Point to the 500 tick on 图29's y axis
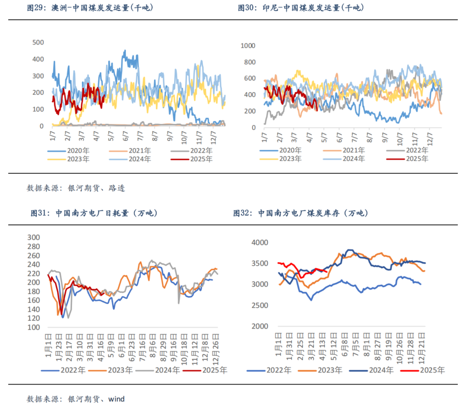(38, 42)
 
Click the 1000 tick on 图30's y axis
(248, 46)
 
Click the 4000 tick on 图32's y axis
(259, 242)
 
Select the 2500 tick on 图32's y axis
(259, 306)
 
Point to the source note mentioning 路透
(76, 188)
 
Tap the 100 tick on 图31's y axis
(34, 327)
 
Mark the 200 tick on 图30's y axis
(250, 111)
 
